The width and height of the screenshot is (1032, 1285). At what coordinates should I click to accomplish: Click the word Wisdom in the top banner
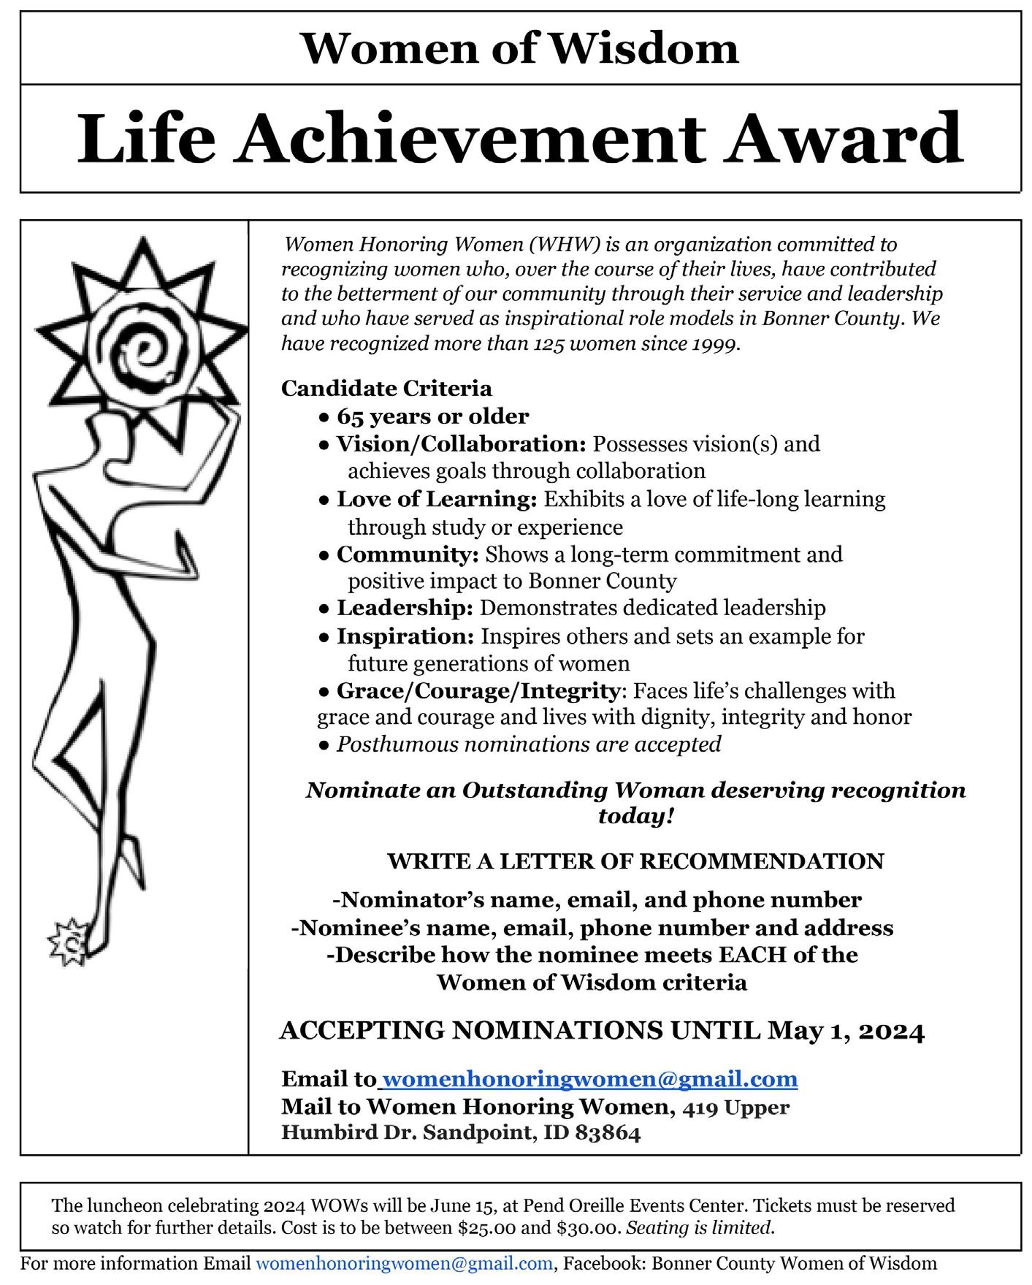(643, 48)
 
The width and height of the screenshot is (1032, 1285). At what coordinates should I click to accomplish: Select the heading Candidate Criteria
(386, 388)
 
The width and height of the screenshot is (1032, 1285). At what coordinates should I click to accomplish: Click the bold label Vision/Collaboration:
(461, 444)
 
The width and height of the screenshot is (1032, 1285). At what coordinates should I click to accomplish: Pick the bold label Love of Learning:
(437, 499)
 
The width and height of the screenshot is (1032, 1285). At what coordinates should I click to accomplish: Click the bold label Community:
(408, 554)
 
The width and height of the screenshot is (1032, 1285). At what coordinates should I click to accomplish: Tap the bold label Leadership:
(405, 608)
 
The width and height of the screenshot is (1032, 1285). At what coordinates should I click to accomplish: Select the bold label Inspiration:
(405, 636)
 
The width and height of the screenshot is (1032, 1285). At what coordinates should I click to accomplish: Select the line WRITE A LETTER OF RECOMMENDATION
(635, 861)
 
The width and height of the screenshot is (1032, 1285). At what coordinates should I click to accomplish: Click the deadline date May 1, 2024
(846, 1031)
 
